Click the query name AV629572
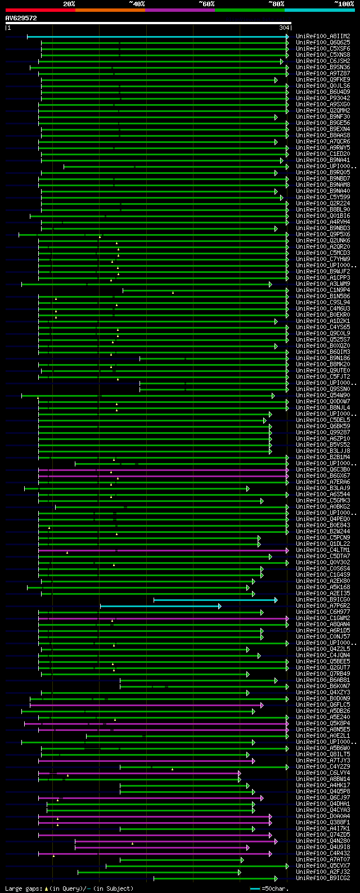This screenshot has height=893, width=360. point(21,18)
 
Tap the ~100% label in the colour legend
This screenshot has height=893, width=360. point(344,4)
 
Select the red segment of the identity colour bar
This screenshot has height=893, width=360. point(40,10)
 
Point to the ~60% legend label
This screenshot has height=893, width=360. point(206,4)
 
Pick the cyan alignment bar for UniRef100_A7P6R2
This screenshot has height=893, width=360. point(160,606)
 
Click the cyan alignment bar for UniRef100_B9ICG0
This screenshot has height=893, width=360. point(214,600)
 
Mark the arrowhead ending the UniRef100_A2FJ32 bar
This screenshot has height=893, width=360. point(240,872)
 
